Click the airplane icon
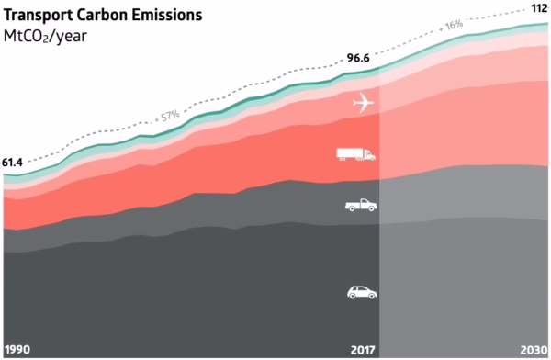tap(365, 104)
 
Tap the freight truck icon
tap(356, 154)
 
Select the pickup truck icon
tap(360, 205)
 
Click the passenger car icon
tap(361, 292)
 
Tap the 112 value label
tap(538, 8)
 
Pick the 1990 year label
tap(17, 350)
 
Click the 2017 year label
tap(364, 350)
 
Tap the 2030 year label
tap(534, 350)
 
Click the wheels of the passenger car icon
tap(361, 297)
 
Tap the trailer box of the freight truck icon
tap(350, 152)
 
